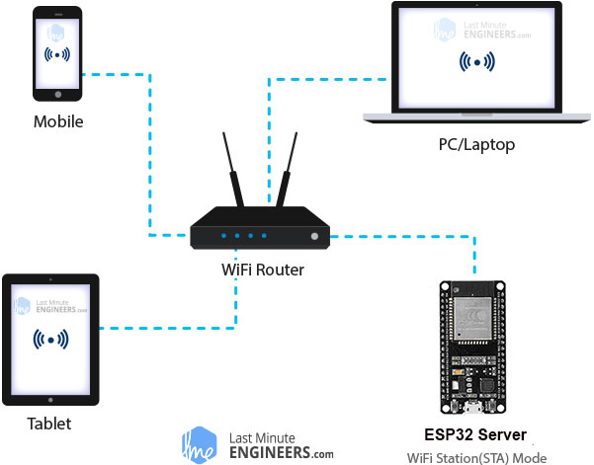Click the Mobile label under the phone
click(58, 121)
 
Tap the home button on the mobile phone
click(58, 95)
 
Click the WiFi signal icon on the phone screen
click(57, 55)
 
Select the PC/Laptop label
click(476, 145)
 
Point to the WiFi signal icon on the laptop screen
click(477, 61)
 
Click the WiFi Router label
click(263, 270)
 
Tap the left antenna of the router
click(233, 170)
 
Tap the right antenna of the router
click(287, 170)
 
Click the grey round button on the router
click(314, 237)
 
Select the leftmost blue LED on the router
click(224, 236)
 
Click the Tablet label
click(49, 424)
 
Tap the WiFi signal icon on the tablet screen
click(50, 340)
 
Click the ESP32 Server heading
click(475, 434)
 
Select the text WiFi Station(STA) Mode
click(477, 458)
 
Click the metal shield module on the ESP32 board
click(473, 318)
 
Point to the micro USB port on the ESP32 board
click(472, 408)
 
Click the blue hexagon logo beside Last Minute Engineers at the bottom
click(200, 445)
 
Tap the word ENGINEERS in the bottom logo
click(270, 452)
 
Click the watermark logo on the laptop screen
click(482, 30)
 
